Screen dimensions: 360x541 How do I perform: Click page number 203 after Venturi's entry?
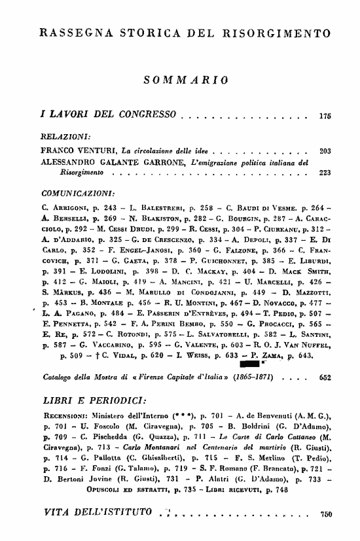[x=324, y=150]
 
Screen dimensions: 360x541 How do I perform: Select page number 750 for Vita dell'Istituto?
[x=324, y=514]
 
